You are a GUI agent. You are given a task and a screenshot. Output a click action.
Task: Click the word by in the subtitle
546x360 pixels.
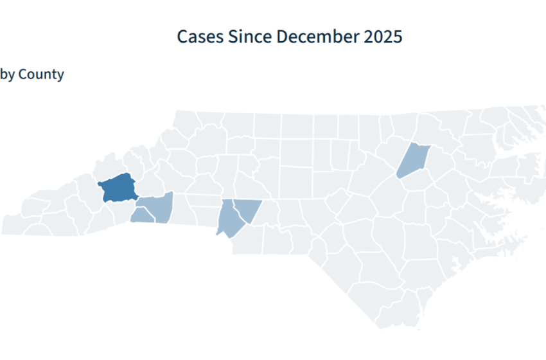pos(7,75)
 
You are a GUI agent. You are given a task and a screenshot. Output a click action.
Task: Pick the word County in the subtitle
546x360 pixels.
pos(41,75)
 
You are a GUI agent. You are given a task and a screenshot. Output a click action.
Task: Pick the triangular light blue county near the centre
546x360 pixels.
pos(246,210)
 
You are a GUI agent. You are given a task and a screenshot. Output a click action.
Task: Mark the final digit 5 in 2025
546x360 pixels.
pos(398,37)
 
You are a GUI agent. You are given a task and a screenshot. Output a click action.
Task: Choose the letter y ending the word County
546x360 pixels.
pos(60,76)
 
